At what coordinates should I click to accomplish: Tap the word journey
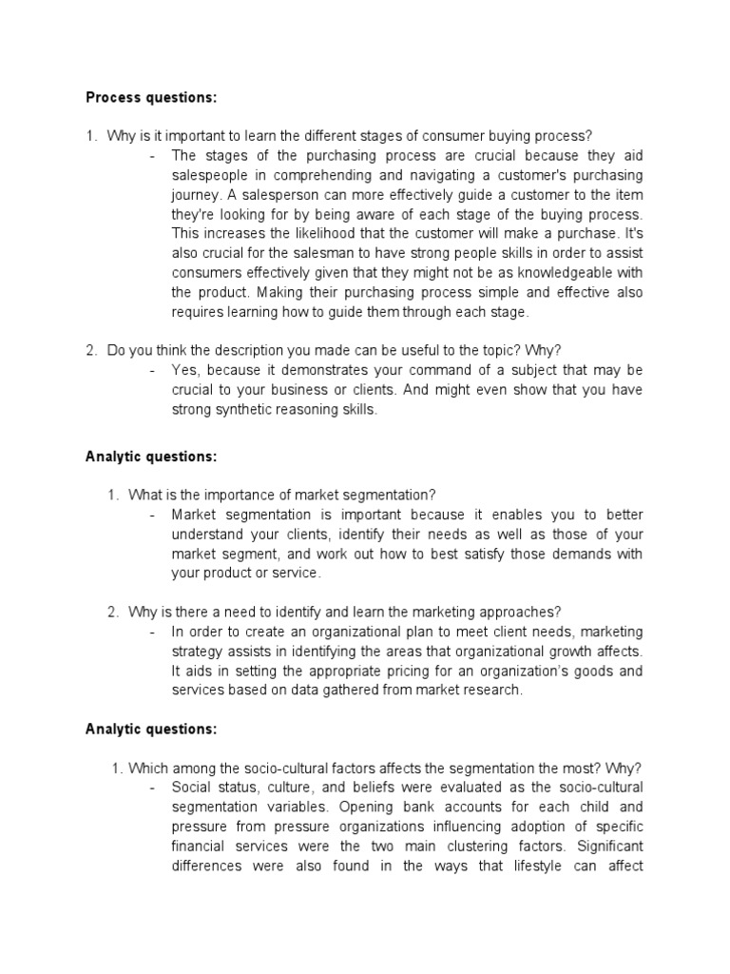(195, 196)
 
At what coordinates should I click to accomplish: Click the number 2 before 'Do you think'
(91, 349)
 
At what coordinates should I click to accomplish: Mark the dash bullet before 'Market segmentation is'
(153, 515)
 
